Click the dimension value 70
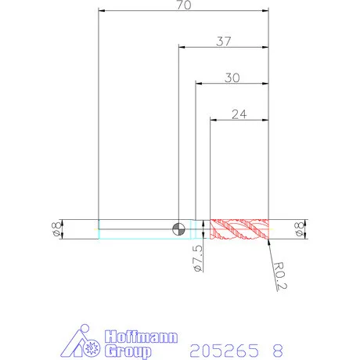click(x=184, y=5)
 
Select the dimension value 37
click(x=224, y=41)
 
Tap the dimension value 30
click(x=232, y=77)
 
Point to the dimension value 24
click(x=239, y=114)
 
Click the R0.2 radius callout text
click(x=279, y=275)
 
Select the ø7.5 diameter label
click(x=198, y=258)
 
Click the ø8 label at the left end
click(x=57, y=229)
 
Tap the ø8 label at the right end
click(x=299, y=229)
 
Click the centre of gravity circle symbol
click(x=178, y=229)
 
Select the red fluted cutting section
click(x=239, y=229)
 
